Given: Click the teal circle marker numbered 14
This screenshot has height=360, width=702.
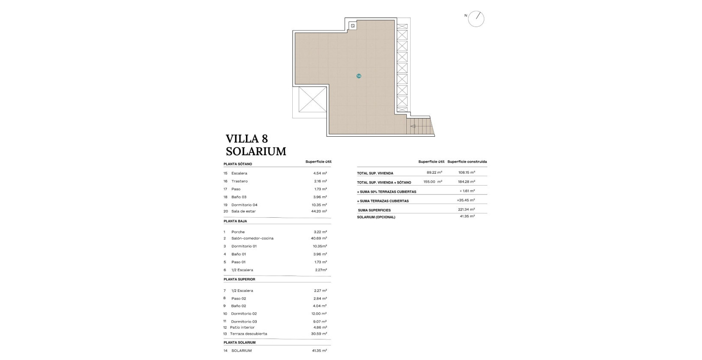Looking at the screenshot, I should coord(359,76).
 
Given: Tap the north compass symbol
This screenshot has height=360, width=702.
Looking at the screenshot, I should coord(476,19).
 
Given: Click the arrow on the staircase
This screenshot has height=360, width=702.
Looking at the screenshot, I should coord(413,126).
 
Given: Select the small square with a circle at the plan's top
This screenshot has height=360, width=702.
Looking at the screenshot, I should coord(353,26).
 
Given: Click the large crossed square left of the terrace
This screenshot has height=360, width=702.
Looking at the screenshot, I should coord(312,99).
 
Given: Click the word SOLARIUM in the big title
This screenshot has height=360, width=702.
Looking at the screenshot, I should coord(256,151).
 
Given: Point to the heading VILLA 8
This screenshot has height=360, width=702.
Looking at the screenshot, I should coord(246,138).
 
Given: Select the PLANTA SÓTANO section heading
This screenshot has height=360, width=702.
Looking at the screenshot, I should coord(238,164).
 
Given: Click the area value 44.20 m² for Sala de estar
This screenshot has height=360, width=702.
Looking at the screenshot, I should coord(319,211).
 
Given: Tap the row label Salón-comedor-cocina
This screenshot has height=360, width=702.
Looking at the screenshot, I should coord(252,238).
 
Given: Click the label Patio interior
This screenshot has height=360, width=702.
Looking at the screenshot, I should coord(242,327).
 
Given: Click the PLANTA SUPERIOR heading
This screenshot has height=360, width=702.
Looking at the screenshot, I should coord(239,279).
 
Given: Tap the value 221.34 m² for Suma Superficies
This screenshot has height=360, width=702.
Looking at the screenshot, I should coord(466,210).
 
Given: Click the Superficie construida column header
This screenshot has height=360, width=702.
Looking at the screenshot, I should coord(467,162).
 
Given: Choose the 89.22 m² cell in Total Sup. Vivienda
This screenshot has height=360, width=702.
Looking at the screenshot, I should coord(434,172).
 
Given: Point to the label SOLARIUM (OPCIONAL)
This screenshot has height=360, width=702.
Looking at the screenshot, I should coord(376,217).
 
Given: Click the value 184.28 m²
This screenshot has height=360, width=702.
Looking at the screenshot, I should coord(466,182).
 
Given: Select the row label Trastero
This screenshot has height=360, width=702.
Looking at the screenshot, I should coord(239,181).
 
